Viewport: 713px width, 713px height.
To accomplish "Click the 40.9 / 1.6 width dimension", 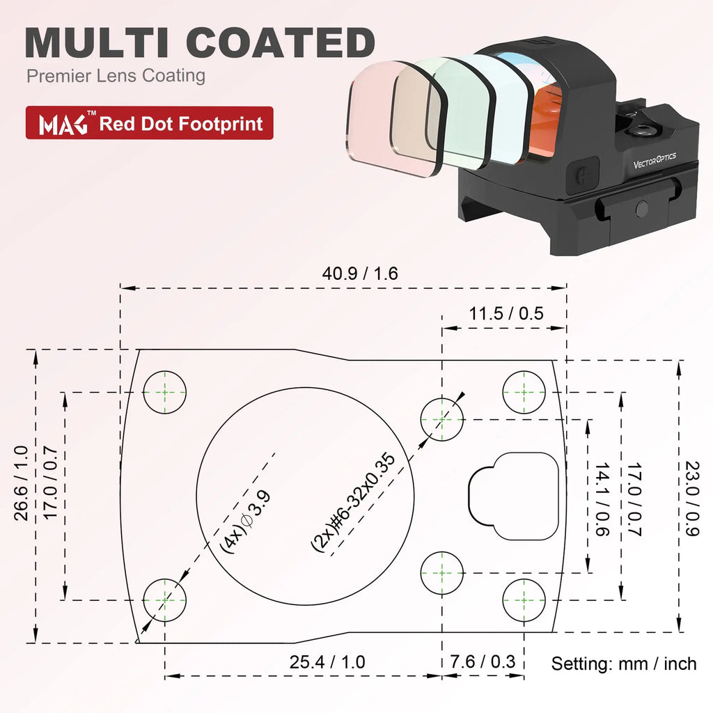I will coord(359,274).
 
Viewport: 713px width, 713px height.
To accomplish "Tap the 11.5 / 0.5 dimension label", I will coord(506,313).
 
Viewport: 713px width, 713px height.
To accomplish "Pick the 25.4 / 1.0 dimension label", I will coord(327,661).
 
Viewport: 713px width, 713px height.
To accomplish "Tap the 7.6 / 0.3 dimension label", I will coord(483,661).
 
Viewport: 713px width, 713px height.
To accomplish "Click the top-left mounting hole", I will coord(165,392).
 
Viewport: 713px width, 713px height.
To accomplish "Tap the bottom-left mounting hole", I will coord(165,599).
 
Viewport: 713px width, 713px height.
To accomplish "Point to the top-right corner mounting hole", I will coord(524,392).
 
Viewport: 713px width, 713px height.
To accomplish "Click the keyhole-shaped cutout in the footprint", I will coord(515,495).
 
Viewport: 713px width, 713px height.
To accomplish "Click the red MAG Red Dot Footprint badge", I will coord(149,124).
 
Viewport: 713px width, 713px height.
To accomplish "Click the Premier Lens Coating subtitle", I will coord(116,75).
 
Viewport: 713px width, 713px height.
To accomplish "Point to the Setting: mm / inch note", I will coord(624,664).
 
